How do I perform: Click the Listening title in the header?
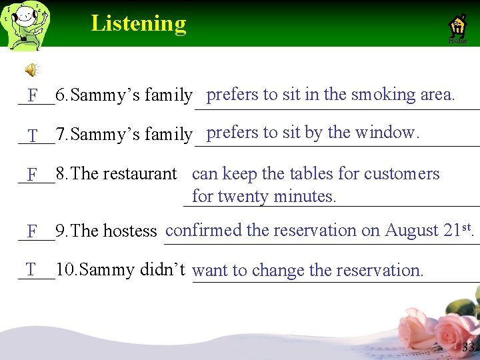click(139, 23)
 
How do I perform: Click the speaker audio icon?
click(31, 69)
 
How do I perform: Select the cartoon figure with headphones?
click(27, 25)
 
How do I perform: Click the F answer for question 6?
click(33, 96)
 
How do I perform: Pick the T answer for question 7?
click(33, 135)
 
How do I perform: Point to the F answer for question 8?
click(33, 175)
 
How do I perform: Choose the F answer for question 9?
click(33, 231)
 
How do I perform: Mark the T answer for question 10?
click(31, 269)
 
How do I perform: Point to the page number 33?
click(468, 347)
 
